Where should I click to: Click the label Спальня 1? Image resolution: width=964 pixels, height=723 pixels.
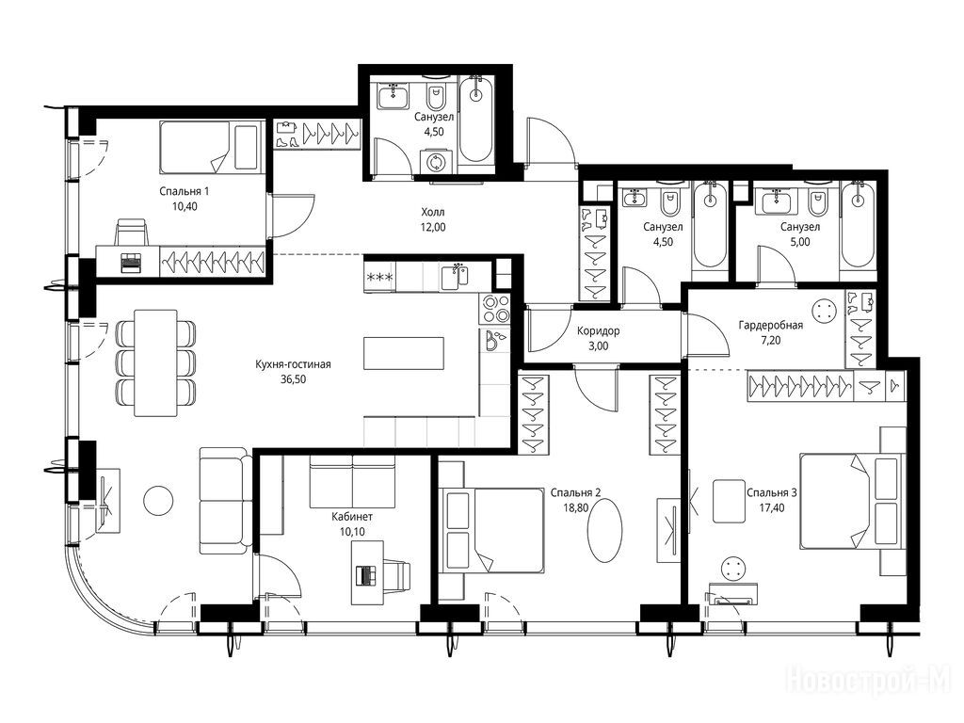click(x=184, y=191)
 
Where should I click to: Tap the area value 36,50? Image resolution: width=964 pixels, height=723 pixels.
click(x=294, y=379)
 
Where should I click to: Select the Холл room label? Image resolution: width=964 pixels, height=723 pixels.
click(x=433, y=212)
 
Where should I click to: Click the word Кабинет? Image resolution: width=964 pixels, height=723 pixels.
click(x=352, y=517)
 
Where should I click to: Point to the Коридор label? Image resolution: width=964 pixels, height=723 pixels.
click(x=598, y=330)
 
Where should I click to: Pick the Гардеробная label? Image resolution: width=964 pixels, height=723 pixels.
click(x=770, y=325)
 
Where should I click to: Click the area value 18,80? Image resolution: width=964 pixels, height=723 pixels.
click(x=575, y=507)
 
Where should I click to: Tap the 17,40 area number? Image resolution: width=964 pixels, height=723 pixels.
click(x=772, y=507)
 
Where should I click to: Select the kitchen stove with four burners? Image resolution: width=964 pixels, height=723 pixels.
click(x=495, y=309)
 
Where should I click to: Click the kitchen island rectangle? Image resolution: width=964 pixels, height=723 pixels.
click(x=403, y=353)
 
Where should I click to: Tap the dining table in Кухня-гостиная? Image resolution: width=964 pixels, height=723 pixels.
click(x=155, y=362)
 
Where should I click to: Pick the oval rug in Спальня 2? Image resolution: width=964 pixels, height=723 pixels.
click(x=605, y=529)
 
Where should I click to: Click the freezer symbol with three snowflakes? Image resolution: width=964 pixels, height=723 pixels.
click(x=380, y=277)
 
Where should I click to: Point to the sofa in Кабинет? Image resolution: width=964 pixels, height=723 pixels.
click(x=352, y=481)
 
